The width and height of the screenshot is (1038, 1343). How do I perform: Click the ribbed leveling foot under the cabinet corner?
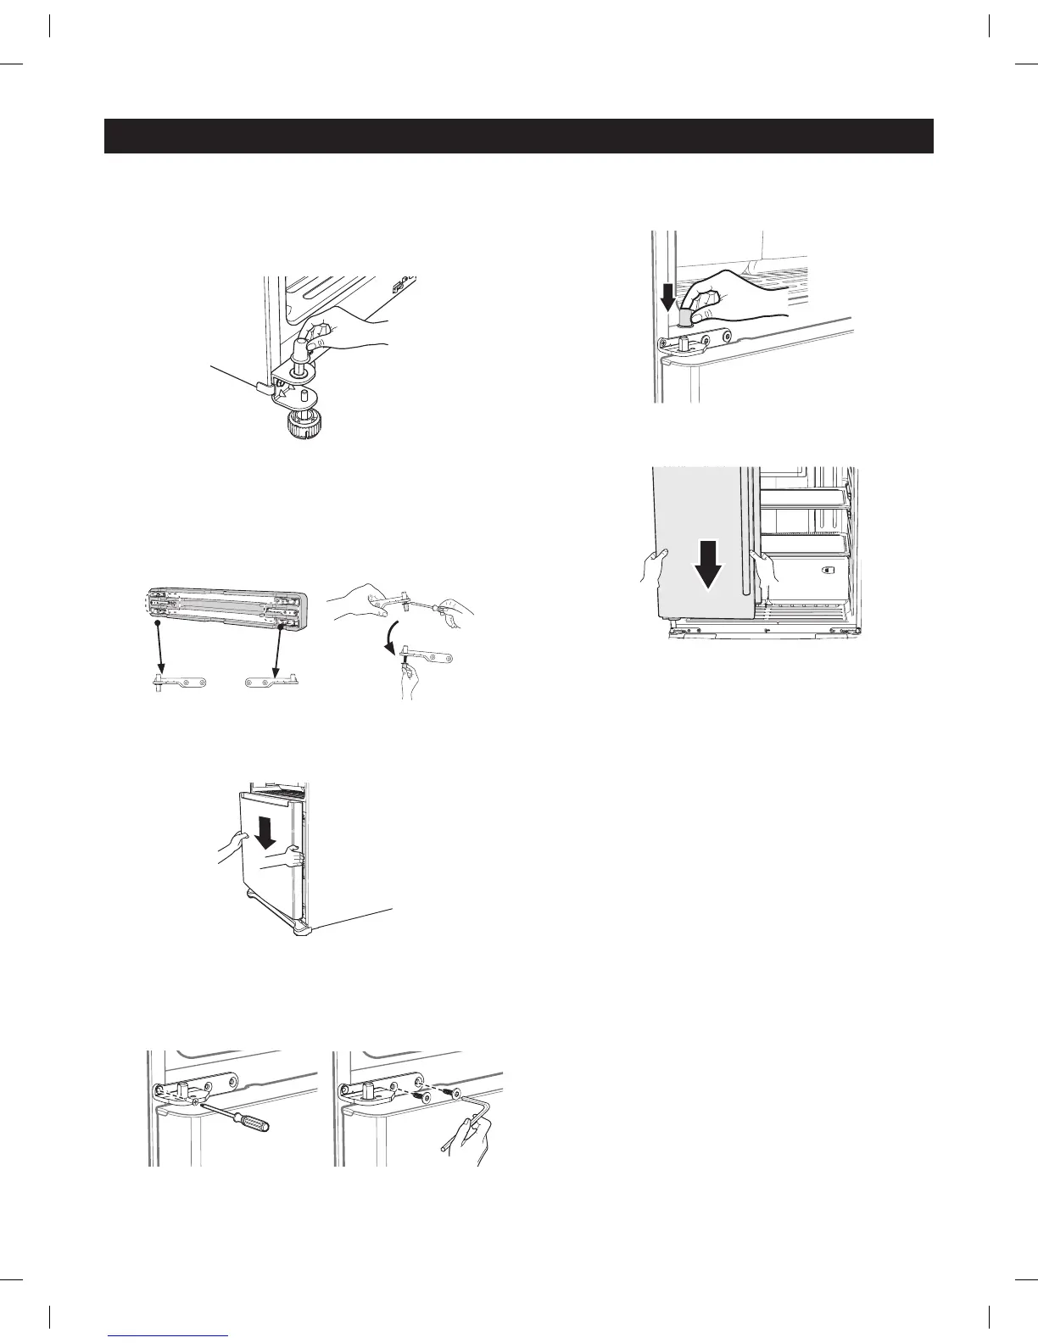304,419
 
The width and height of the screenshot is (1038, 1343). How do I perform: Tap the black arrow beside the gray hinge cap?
668,297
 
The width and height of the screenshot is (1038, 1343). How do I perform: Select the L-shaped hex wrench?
475,1119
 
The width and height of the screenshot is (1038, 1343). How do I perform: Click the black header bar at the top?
519,136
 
